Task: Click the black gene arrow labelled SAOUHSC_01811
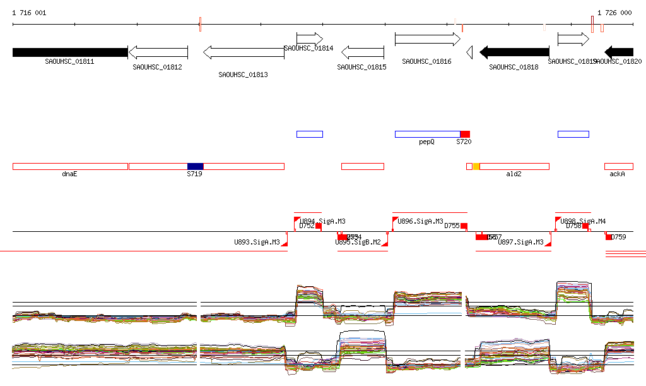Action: pos(69,52)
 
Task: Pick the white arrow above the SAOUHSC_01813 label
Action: pos(244,52)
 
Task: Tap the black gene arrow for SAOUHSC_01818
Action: pos(514,52)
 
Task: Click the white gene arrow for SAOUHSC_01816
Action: pos(427,39)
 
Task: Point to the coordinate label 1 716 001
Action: pos(29,13)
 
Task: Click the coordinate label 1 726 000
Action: pos(614,13)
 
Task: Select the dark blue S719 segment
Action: pos(195,166)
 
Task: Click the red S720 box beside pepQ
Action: pos(465,134)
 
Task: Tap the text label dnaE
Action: pos(69,174)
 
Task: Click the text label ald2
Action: pos(514,174)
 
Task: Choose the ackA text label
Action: pos(617,174)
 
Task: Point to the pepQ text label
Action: pos(427,142)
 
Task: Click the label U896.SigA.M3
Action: pos(420,222)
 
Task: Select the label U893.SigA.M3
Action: pos(257,242)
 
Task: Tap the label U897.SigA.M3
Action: pos(520,242)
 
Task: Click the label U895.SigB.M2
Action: pos(358,242)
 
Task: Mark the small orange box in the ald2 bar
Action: pos(476,166)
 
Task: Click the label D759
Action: pos(620,237)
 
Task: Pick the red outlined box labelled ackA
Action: pos(618,166)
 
